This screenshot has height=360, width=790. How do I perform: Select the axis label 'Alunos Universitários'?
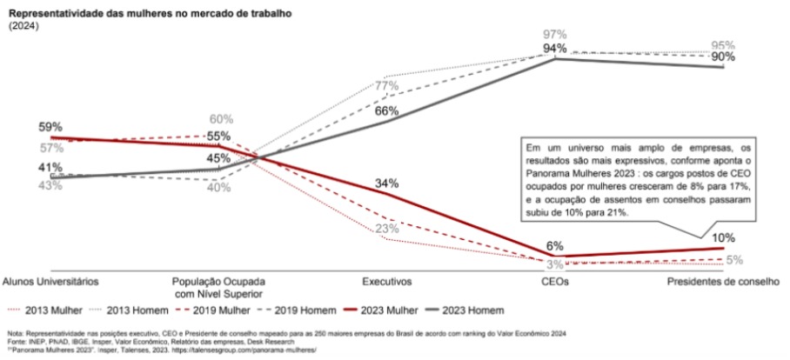click(x=50, y=282)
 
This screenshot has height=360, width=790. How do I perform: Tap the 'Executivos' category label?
click(x=387, y=282)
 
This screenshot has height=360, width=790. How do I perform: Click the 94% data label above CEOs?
click(x=555, y=48)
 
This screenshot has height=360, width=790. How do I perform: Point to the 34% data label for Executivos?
click(x=387, y=183)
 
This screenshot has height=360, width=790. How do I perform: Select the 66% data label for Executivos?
click(x=387, y=110)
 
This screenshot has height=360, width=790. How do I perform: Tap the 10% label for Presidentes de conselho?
click(x=724, y=237)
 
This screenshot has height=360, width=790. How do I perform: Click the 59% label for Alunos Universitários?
click(x=50, y=127)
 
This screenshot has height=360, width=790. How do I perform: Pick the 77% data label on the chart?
click(x=387, y=85)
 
